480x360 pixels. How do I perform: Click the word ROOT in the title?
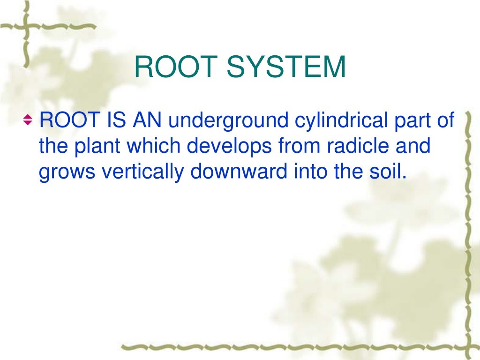click(x=176, y=67)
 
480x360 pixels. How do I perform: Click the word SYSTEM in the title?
click(x=286, y=67)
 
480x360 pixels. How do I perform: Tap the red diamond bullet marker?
click(x=28, y=120)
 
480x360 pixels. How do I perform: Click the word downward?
click(x=239, y=171)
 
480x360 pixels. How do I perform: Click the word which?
click(x=153, y=145)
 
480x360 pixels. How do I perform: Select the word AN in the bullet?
click(x=147, y=120)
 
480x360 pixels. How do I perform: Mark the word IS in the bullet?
click(x=116, y=120)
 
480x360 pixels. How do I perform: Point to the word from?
click(x=300, y=145)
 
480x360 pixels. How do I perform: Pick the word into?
click(x=310, y=171)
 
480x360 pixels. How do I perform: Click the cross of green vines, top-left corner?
click(x=27, y=27)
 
